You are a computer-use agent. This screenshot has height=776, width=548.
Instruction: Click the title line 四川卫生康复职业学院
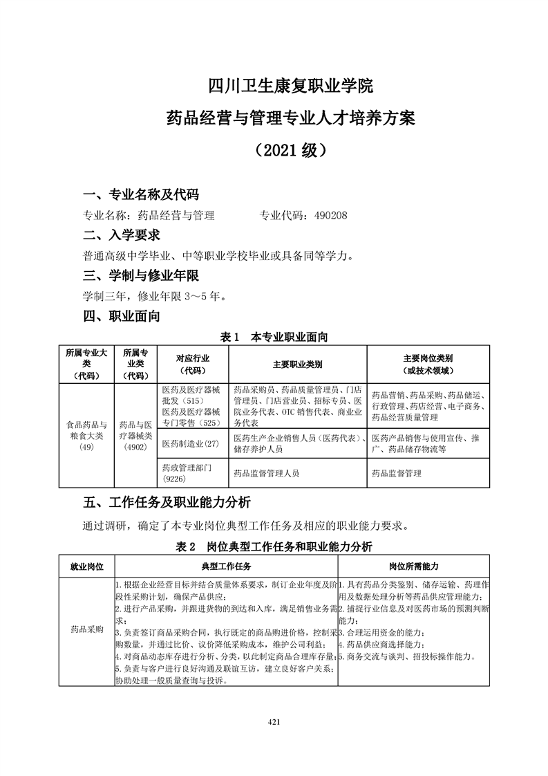(290, 87)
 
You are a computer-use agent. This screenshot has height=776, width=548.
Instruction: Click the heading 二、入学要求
(122, 235)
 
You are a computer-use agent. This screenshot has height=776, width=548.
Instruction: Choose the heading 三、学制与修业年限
(141, 276)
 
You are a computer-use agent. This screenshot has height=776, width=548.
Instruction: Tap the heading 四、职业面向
(122, 317)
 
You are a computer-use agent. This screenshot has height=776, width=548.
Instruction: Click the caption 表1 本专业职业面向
(273, 338)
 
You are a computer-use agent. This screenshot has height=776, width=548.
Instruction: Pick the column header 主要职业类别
(297, 364)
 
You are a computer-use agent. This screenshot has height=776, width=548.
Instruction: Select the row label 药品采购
(86, 631)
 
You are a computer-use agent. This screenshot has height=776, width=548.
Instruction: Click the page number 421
(274, 723)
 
